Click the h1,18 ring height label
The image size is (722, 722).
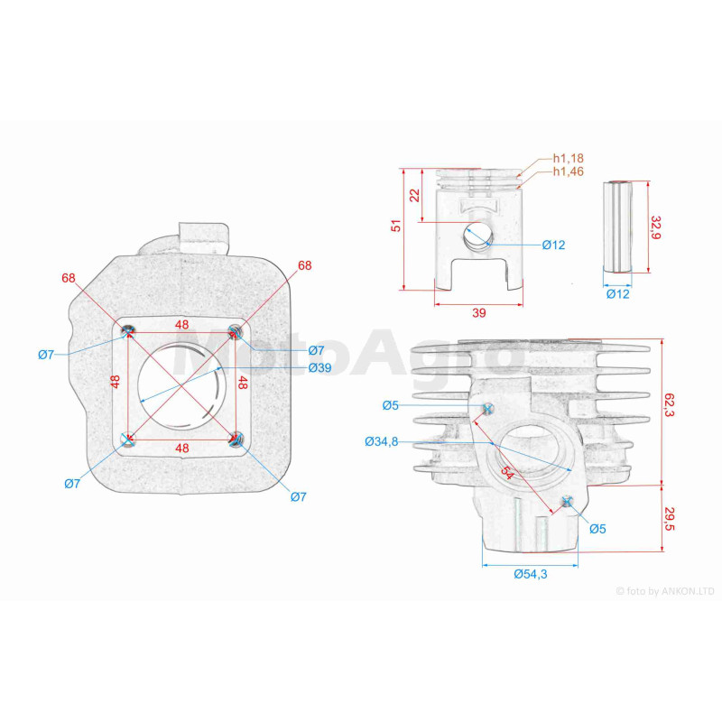(568, 159)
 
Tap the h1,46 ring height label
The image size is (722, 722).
(568, 171)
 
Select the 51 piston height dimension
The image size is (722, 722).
(396, 225)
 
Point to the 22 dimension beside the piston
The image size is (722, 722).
(415, 195)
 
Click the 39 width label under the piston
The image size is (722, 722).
(479, 313)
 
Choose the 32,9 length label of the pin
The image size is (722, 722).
(656, 227)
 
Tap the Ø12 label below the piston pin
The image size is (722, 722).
(617, 294)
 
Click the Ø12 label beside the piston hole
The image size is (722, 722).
(553, 245)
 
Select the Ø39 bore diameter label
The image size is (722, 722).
(320, 367)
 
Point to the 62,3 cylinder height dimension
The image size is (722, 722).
(669, 404)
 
